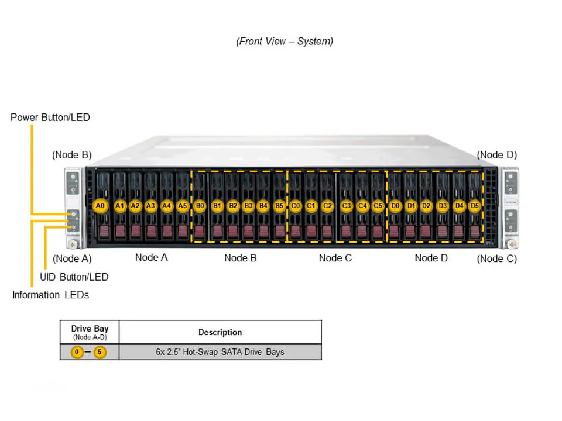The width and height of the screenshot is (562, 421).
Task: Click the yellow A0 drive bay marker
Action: (100, 206)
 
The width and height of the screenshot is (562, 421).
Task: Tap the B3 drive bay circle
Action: (248, 206)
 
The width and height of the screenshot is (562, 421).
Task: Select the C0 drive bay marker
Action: (296, 206)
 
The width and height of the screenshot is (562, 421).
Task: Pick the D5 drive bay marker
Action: (474, 206)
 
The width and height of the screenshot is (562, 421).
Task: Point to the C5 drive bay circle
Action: (378, 206)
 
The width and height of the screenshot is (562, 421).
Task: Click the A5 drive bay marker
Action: (182, 206)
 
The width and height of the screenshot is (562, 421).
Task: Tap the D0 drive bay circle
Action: (395, 206)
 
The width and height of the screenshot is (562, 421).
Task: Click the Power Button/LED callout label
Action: (50, 118)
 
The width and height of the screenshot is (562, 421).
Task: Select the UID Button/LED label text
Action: (74, 277)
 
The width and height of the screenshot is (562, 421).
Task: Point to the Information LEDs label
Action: (51, 295)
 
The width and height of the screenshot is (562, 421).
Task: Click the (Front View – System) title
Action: (285, 42)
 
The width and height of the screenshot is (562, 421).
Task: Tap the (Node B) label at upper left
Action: (71, 155)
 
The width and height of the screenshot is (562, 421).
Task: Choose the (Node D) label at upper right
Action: (496, 155)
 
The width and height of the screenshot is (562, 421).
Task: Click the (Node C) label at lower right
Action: (496, 258)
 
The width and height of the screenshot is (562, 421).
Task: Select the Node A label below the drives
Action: (151, 257)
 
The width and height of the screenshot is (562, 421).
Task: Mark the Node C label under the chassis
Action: (335, 258)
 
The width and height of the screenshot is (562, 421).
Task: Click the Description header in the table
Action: (220, 332)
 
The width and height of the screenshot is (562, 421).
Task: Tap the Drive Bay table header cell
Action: (89, 332)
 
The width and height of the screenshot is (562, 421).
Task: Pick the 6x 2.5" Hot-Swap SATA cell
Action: (220, 352)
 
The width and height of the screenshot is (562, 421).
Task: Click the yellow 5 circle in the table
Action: (100, 352)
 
